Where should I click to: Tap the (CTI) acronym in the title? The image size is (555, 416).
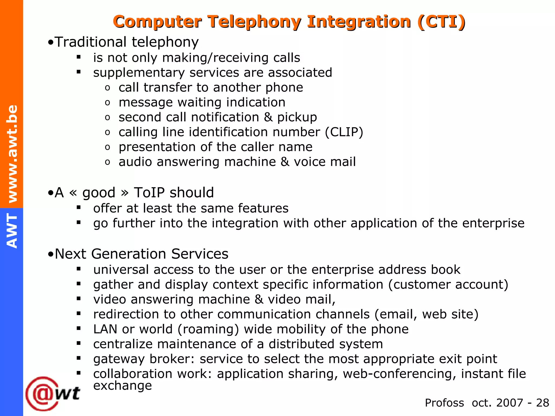coord(441,22)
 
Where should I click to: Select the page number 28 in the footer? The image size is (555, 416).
coord(543,403)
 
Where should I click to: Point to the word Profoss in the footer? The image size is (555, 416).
coord(444,403)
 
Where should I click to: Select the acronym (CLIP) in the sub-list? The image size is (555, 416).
coord(344,132)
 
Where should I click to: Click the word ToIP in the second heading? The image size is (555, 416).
coord(149,193)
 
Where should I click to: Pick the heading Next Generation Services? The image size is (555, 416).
coord(141,254)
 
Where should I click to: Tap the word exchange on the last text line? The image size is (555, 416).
coord(122,385)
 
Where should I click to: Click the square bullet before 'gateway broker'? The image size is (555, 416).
coord(79,358)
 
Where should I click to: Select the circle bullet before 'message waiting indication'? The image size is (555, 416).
coord(108,103)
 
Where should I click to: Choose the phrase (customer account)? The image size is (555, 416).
coord(448,285)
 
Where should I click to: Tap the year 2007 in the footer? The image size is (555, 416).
coord(509,403)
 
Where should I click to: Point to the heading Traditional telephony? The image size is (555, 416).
coord(126,42)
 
